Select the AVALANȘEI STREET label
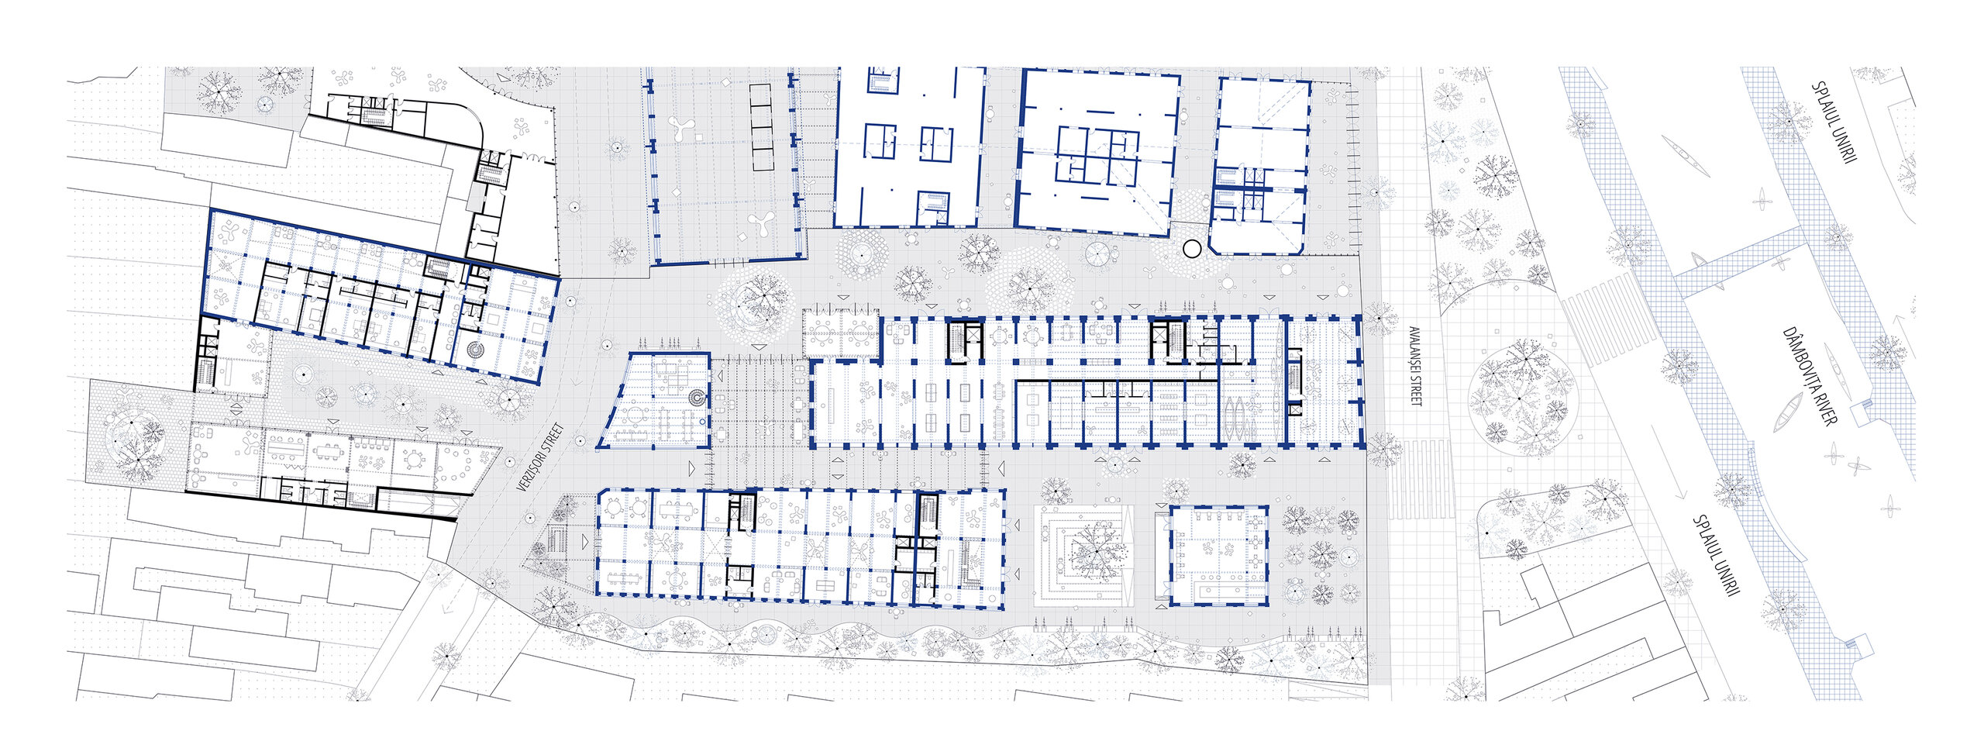pyautogui.click(x=1416, y=365)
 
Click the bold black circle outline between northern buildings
pyautogui.click(x=1191, y=249)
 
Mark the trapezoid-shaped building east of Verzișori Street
pyautogui.click(x=655, y=400)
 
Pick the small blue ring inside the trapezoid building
pyautogui.click(x=702, y=421)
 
